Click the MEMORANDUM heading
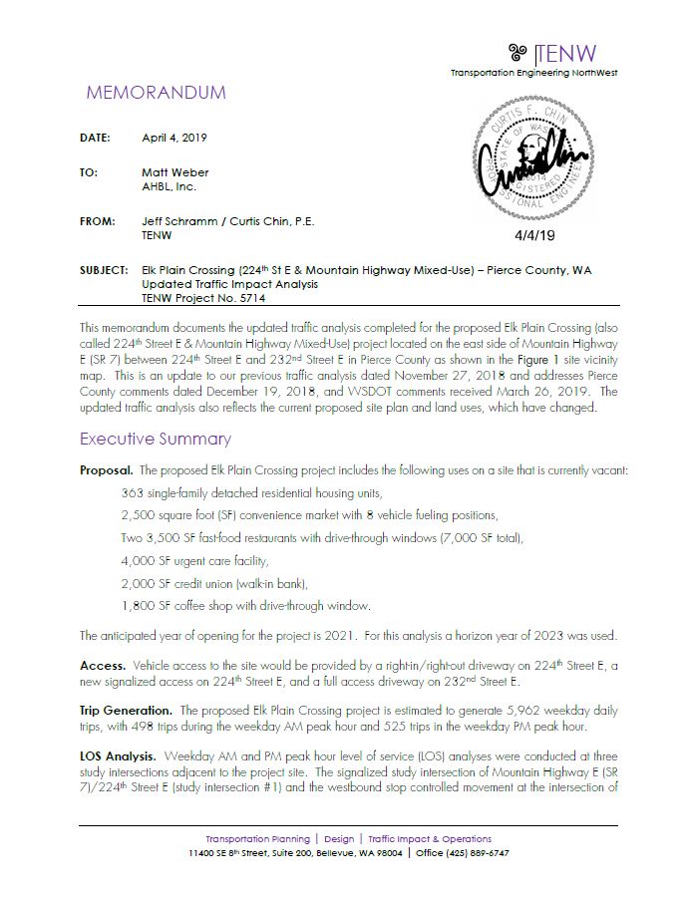pos(156,93)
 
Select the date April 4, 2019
pos(174,138)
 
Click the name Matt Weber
pos(175,172)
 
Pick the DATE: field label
pos(96,138)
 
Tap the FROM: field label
pos(98,221)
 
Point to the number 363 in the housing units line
pos(131,493)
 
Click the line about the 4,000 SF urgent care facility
pos(199,560)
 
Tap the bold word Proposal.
pos(106,469)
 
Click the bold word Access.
pos(102,663)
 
